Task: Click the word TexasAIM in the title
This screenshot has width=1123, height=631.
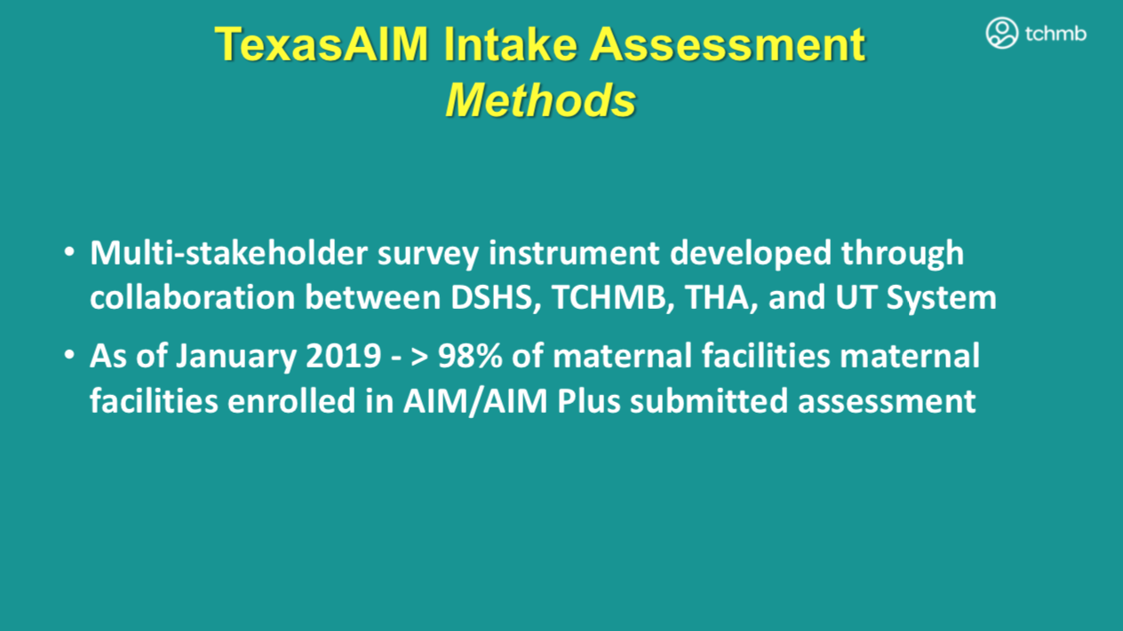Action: pyautogui.click(x=322, y=44)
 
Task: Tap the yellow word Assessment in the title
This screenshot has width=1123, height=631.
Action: pyautogui.click(x=728, y=44)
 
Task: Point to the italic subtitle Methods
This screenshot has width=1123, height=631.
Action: pyautogui.click(x=541, y=100)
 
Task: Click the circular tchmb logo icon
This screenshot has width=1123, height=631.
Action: pyautogui.click(x=1001, y=33)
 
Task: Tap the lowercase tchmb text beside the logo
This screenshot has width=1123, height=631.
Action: pyautogui.click(x=1055, y=34)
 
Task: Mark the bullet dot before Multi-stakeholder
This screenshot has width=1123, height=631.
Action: pyautogui.click(x=69, y=251)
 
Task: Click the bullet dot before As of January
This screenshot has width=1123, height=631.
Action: pyautogui.click(x=69, y=355)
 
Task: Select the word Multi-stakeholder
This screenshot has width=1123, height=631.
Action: pyautogui.click(x=229, y=252)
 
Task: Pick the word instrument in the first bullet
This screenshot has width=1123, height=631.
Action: pyautogui.click(x=574, y=253)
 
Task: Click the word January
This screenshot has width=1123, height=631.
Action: pyautogui.click(x=236, y=356)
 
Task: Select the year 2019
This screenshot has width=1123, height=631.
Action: pyautogui.click(x=344, y=356)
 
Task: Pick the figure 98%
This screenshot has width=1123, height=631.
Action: pyautogui.click(x=470, y=356)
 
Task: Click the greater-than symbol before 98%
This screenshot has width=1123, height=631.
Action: pyautogui.click(x=419, y=357)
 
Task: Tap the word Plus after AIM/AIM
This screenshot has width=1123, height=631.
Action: pyautogui.click(x=588, y=400)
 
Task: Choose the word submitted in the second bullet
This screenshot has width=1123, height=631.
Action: pyautogui.click(x=709, y=400)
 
